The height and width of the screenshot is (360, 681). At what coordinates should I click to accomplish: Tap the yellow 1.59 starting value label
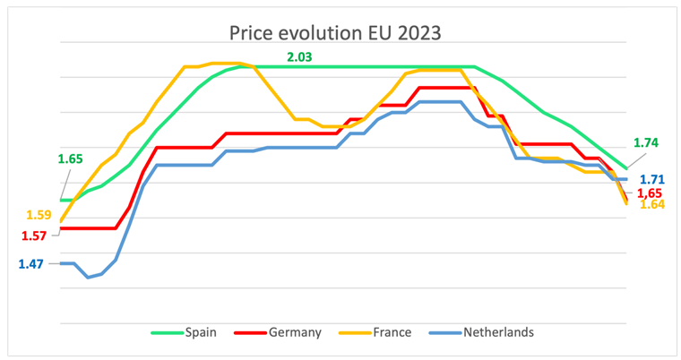[39, 215]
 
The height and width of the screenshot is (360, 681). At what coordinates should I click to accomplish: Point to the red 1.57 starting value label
[33, 235]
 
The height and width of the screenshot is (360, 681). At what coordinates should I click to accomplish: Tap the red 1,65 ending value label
[652, 193]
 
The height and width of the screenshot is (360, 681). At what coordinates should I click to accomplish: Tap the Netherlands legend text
[498, 332]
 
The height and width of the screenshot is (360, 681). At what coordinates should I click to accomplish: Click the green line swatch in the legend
[164, 332]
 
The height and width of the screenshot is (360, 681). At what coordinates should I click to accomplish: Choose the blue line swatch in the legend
[444, 332]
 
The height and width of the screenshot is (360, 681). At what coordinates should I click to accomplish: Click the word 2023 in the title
[413, 34]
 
